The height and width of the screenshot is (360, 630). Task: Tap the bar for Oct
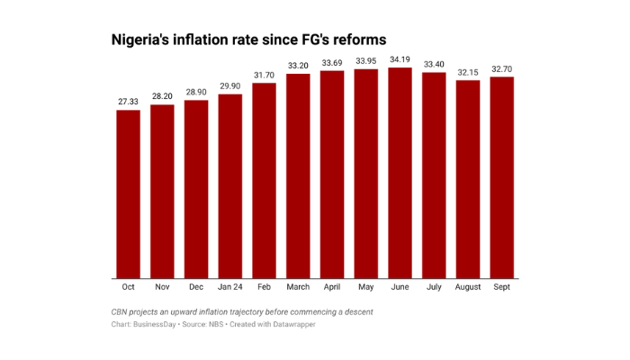coord(129,194)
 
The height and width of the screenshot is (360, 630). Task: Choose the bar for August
coord(468,179)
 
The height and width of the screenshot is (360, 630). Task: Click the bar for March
coord(298,176)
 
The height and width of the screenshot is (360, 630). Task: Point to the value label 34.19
coord(400,59)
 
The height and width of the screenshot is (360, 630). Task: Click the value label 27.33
coord(129,102)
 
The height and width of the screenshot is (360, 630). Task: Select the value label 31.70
coord(265,75)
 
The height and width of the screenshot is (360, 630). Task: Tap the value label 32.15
coord(468,72)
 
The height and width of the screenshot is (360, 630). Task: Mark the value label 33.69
coord(332,62)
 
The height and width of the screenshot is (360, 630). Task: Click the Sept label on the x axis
coord(501,287)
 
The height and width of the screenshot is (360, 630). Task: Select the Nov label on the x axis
coord(162,287)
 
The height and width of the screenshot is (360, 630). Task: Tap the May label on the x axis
coord(366,287)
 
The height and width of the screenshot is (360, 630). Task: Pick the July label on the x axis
coord(434,287)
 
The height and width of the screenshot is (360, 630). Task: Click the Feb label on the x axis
coord(265,287)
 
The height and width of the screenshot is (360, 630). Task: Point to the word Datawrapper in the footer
coord(291,324)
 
